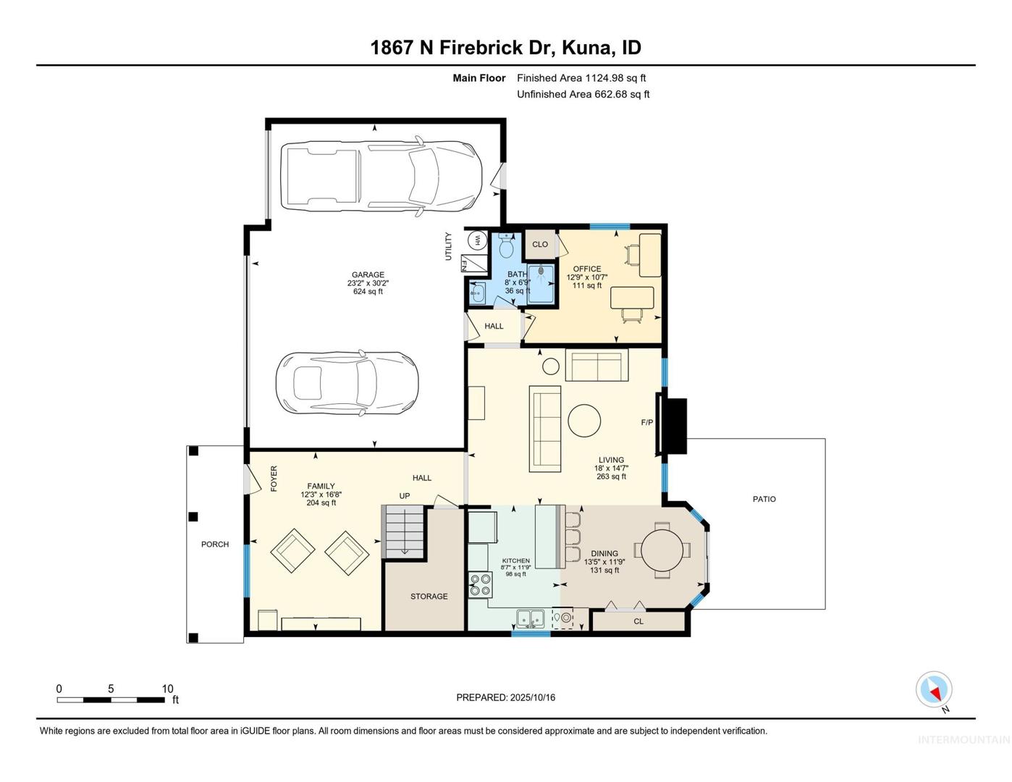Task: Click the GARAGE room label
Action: [368, 275]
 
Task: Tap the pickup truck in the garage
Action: [381, 177]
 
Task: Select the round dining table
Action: [662, 550]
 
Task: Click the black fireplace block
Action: [674, 426]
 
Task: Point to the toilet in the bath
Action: [505, 245]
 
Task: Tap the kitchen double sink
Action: [531, 618]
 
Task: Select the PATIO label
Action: [764, 499]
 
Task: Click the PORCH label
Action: [215, 544]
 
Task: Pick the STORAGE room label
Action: [429, 596]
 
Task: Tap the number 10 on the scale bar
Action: [167, 689]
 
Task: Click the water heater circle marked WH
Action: [477, 240]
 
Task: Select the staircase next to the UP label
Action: [403, 531]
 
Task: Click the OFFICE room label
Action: [587, 269]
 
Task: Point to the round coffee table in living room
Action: [584, 421]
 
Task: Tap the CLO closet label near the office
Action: [540, 244]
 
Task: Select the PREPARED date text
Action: [506, 697]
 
